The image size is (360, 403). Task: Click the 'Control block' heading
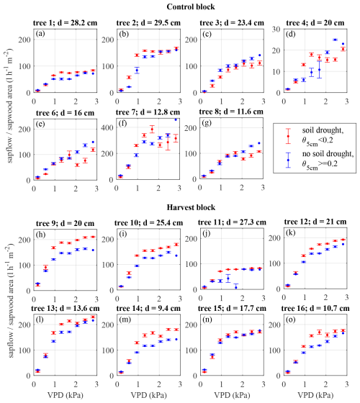click(x=191, y=6)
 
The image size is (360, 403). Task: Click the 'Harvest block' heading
click(x=191, y=207)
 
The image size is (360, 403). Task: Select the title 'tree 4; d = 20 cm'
click(x=315, y=23)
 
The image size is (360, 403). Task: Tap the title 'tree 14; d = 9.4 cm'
click(x=148, y=308)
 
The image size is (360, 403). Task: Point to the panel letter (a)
click(x=40, y=34)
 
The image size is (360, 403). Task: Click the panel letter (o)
click(x=290, y=320)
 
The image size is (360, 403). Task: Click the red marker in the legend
click(x=288, y=136)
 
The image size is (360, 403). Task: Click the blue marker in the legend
click(x=288, y=160)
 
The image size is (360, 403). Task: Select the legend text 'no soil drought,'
click(x=328, y=154)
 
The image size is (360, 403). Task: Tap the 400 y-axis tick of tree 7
click(x=108, y=128)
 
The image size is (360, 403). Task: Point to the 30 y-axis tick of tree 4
click(x=276, y=30)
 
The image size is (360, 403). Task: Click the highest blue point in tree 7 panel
click(x=176, y=119)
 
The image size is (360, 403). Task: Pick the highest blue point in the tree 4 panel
click(x=335, y=40)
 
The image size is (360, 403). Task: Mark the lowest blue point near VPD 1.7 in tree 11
click(x=236, y=287)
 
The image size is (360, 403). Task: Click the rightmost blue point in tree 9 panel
click(x=93, y=250)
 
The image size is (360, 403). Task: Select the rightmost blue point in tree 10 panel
click(x=176, y=255)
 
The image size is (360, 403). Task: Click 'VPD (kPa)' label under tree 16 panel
click(x=315, y=395)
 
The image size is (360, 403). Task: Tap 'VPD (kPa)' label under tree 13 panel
click(x=66, y=395)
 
